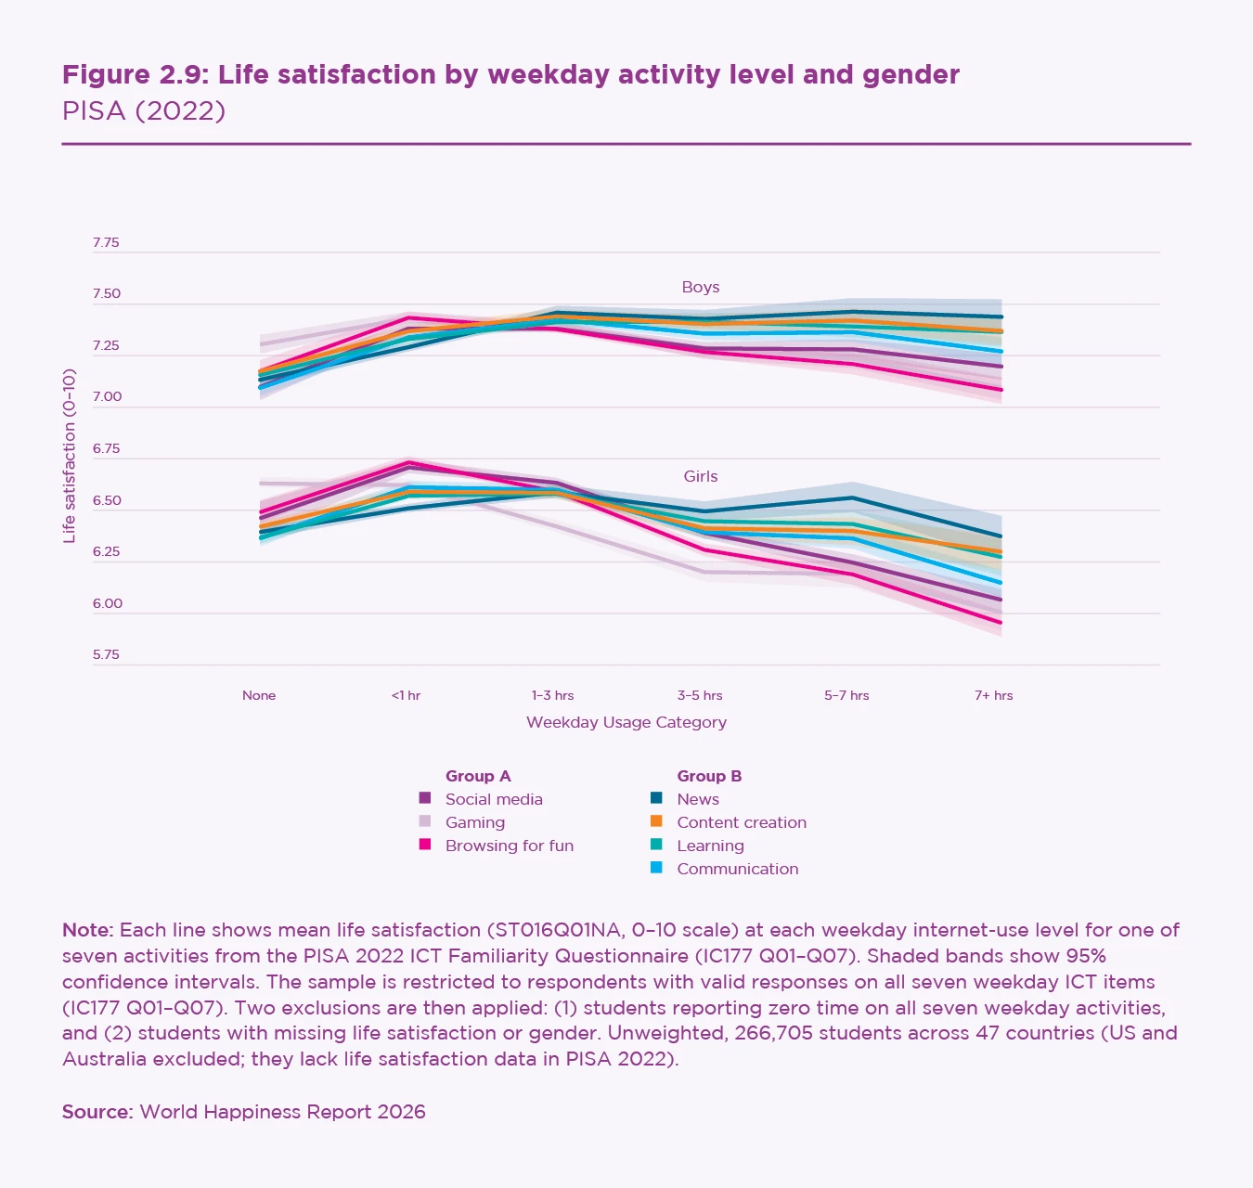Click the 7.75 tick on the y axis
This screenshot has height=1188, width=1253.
click(106, 243)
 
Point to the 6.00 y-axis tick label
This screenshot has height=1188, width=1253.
click(107, 603)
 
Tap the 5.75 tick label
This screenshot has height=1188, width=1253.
click(106, 654)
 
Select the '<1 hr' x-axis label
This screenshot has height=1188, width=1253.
click(406, 695)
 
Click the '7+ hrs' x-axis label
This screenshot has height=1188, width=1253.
click(993, 695)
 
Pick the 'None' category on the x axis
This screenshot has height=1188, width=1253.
click(259, 695)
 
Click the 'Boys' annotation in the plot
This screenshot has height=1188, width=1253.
click(701, 288)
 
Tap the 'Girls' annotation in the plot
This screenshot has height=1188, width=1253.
click(701, 476)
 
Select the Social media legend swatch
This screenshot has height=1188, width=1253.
click(425, 798)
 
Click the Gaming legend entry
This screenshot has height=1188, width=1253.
click(474, 822)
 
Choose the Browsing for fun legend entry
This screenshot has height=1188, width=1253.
click(509, 846)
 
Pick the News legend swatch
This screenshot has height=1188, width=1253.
click(656, 798)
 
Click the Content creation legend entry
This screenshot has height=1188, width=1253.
click(741, 822)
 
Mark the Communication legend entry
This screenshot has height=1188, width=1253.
click(737, 869)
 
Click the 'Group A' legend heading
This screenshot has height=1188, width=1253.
click(478, 776)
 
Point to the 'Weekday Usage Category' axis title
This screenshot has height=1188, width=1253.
click(626, 722)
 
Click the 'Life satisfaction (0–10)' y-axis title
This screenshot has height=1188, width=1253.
click(70, 456)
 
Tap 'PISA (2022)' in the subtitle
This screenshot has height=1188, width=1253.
click(144, 111)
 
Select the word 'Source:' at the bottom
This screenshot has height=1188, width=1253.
click(97, 1112)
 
